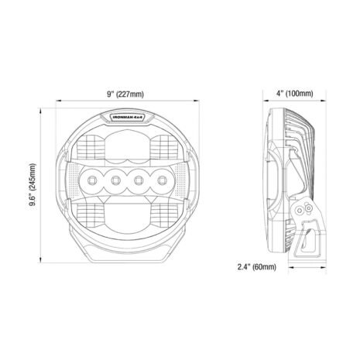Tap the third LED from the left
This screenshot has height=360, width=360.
138,180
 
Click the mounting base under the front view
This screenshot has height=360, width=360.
128,254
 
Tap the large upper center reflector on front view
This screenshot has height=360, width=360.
128,147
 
